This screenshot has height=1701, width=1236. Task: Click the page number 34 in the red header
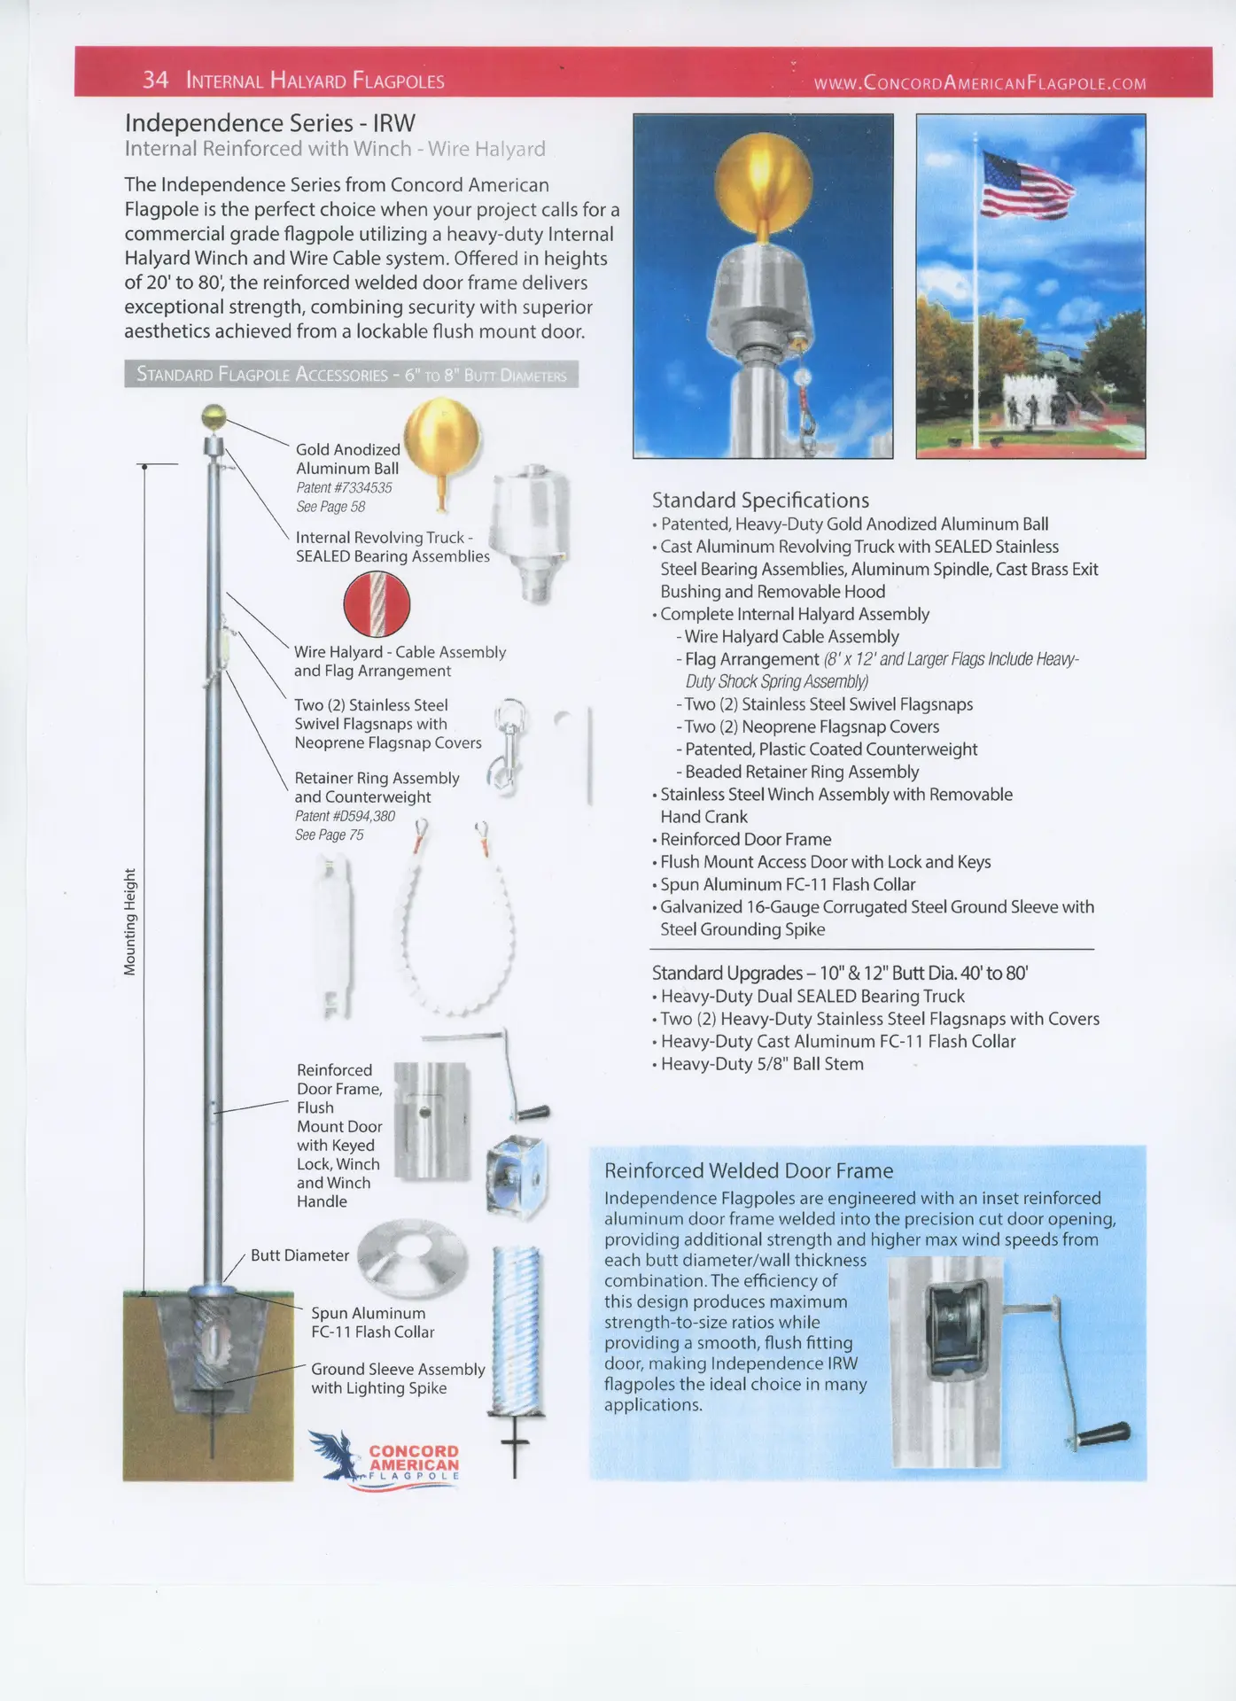pyautogui.click(x=155, y=80)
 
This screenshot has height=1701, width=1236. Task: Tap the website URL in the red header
pyautogui.click(x=979, y=83)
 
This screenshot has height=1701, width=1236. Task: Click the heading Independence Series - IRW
pyautogui.click(x=269, y=123)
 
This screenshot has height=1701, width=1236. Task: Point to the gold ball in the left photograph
pyautogui.click(x=763, y=176)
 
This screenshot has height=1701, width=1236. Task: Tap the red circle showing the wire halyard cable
pyautogui.click(x=377, y=603)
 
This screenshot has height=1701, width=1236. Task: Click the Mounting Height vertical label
pyautogui.click(x=130, y=921)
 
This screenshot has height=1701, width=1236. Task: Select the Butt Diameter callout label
pyautogui.click(x=299, y=1255)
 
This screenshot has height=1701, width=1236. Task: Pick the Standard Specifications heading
pyautogui.click(x=760, y=501)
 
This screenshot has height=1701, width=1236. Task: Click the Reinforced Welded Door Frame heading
pyautogui.click(x=748, y=1170)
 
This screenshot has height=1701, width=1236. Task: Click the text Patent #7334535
pyautogui.click(x=344, y=487)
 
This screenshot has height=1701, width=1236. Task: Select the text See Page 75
pyautogui.click(x=329, y=835)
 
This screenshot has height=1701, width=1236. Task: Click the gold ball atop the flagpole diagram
pyautogui.click(x=214, y=416)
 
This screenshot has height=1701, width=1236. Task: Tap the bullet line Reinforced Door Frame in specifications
pyautogui.click(x=745, y=839)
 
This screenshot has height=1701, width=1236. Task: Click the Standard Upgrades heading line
pyautogui.click(x=839, y=973)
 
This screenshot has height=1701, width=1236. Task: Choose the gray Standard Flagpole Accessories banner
pyautogui.click(x=351, y=375)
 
